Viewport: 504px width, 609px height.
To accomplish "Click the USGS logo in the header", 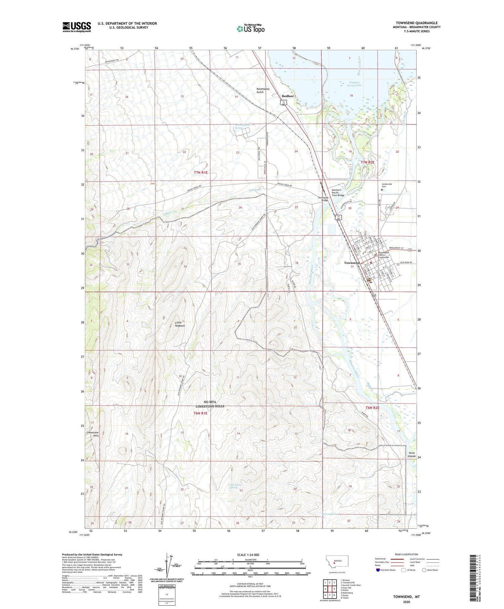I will coord(77,27).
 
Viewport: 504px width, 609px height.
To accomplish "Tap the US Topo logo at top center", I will coord(251,29).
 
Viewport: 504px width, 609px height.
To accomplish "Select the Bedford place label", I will coord(288,96).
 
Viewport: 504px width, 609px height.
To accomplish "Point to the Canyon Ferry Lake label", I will coord(354,84).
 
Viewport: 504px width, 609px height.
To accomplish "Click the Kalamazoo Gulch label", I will coord(265,90).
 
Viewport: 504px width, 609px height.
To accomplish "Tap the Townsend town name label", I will coord(351,263).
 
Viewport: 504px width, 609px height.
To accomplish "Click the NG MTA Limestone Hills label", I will coord(210,404).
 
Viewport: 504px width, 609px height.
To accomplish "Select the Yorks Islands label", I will coord(412,454).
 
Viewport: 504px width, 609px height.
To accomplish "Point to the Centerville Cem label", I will coord(389,185).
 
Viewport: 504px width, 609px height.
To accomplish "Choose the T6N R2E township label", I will coord(372,408).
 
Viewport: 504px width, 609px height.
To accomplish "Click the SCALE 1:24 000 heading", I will coord(251,555).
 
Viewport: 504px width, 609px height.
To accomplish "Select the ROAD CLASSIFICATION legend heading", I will coord(407,554).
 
